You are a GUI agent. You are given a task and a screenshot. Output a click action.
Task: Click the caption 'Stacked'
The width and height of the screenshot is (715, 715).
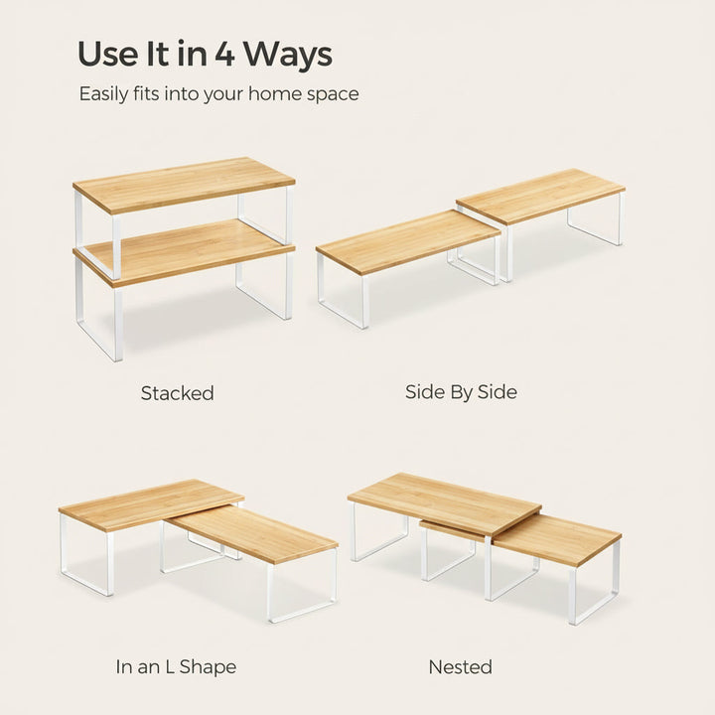(177, 393)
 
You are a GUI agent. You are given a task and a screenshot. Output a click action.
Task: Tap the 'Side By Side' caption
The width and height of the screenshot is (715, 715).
(461, 392)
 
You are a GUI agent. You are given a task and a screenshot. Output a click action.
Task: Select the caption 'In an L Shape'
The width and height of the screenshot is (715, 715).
(176, 666)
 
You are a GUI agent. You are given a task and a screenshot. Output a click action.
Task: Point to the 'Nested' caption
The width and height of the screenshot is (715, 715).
(461, 667)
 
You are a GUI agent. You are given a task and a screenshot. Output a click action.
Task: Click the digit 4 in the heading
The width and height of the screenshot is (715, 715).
(224, 54)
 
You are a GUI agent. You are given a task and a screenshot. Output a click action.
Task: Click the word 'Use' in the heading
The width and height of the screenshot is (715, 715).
(108, 54)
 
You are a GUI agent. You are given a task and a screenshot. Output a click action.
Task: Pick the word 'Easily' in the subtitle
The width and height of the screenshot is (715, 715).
(103, 94)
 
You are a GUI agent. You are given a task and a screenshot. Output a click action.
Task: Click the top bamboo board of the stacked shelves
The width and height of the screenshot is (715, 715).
(185, 184)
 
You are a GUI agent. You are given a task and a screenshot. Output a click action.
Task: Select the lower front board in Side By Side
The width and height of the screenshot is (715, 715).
(408, 240)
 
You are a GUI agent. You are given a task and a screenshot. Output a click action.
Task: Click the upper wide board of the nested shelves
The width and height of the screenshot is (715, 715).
(445, 502)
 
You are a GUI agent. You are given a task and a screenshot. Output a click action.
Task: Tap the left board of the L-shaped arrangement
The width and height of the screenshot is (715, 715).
(151, 504)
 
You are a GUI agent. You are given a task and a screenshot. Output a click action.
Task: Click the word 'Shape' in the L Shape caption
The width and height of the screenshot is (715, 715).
(208, 667)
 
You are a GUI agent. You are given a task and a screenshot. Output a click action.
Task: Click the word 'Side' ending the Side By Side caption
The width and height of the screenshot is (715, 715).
(498, 392)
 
